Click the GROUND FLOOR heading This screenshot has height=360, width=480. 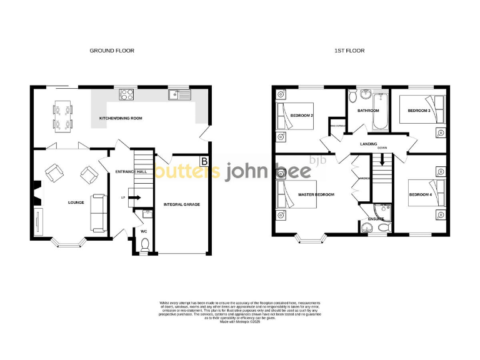pyautogui.click(x=111, y=51)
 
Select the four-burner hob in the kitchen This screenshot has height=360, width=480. pyautogui.click(x=126, y=95)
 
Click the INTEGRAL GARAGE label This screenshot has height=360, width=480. pyautogui.click(x=181, y=204)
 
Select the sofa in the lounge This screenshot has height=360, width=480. pyautogui.click(x=98, y=211)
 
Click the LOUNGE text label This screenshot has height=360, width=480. pyautogui.click(x=76, y=202)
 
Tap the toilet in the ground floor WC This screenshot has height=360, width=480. pyautogui.click(x=144, y=247)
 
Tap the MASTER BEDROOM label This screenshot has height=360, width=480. pyautogui.click(x=316, y=194)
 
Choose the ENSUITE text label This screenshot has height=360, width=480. pyautogui.click(x=376, y=219)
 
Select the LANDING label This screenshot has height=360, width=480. pyautogui.click(x=368, y=144)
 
